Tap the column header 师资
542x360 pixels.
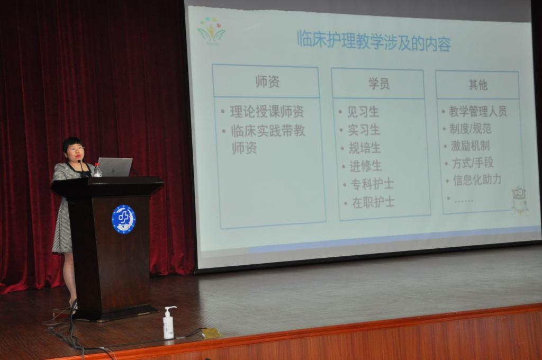(267, 82)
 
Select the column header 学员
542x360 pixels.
(379, 84)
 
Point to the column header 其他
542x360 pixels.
(478, 84)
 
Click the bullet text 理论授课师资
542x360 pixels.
(267, 112)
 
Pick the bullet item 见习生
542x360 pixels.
(363, 112)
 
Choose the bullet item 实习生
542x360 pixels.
(364, 130)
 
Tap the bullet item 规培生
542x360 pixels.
(365, 148)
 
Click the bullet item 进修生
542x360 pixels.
(366, 166)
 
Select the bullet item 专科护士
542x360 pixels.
(372, 184)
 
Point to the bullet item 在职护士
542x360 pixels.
(373, 202)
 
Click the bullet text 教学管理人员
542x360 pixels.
(478, 111)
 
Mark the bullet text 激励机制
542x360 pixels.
(470, 146)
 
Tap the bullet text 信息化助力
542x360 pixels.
(477, 180)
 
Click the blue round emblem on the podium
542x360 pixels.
(123, 219)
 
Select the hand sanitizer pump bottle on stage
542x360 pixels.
(169, 322)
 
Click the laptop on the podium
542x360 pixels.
(114, 167)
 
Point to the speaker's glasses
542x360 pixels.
(75, 149)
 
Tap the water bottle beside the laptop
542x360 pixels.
(98, 170)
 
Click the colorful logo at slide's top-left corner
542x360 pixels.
(211, 31)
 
